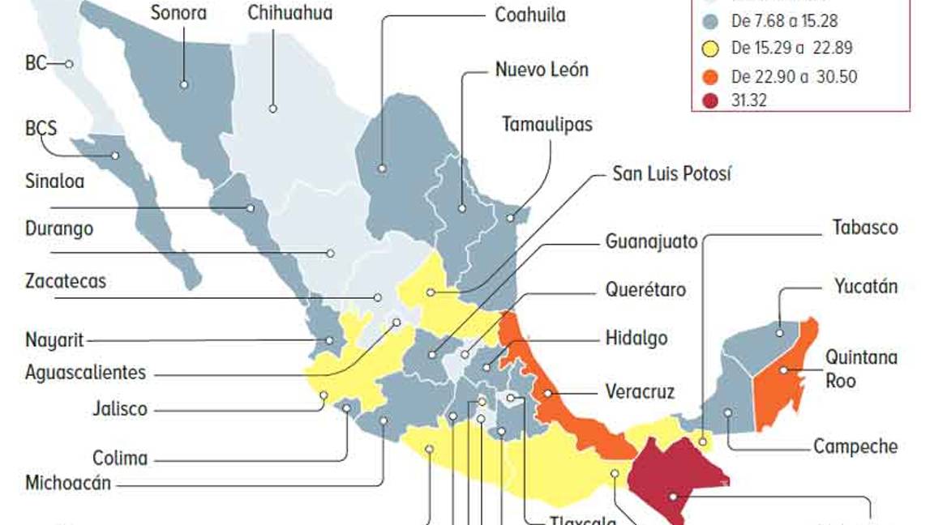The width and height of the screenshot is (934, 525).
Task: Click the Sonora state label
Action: (179, 13)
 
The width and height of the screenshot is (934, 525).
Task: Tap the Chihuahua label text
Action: (289, 13)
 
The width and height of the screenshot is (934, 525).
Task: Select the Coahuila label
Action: (530, 15)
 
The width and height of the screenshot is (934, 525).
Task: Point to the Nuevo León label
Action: (542, 70)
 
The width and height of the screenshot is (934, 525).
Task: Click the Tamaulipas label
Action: (546, 124)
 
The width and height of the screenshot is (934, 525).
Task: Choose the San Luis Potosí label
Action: (671, 173)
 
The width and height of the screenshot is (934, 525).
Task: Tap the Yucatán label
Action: (866, 286)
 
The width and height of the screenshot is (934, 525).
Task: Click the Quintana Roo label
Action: (861, 368)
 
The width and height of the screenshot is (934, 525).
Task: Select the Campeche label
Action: (855, 446)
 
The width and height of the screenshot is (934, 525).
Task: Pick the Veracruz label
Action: (640, 392)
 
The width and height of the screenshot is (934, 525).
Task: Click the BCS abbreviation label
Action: (41, 128)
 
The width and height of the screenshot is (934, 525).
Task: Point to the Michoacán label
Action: (68, 484)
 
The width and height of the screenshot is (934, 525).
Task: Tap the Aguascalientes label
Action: (85, 373)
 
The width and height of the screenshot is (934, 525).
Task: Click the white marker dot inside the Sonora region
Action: (185, 84)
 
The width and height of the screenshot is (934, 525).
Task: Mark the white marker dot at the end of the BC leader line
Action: (71, 64)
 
